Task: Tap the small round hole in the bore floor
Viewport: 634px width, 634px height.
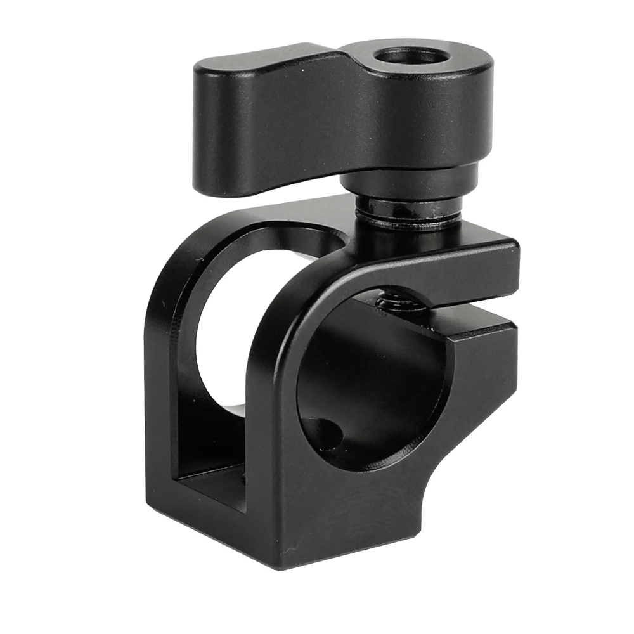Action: (327, 434)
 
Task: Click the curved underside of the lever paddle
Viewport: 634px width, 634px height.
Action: (285, 184)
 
